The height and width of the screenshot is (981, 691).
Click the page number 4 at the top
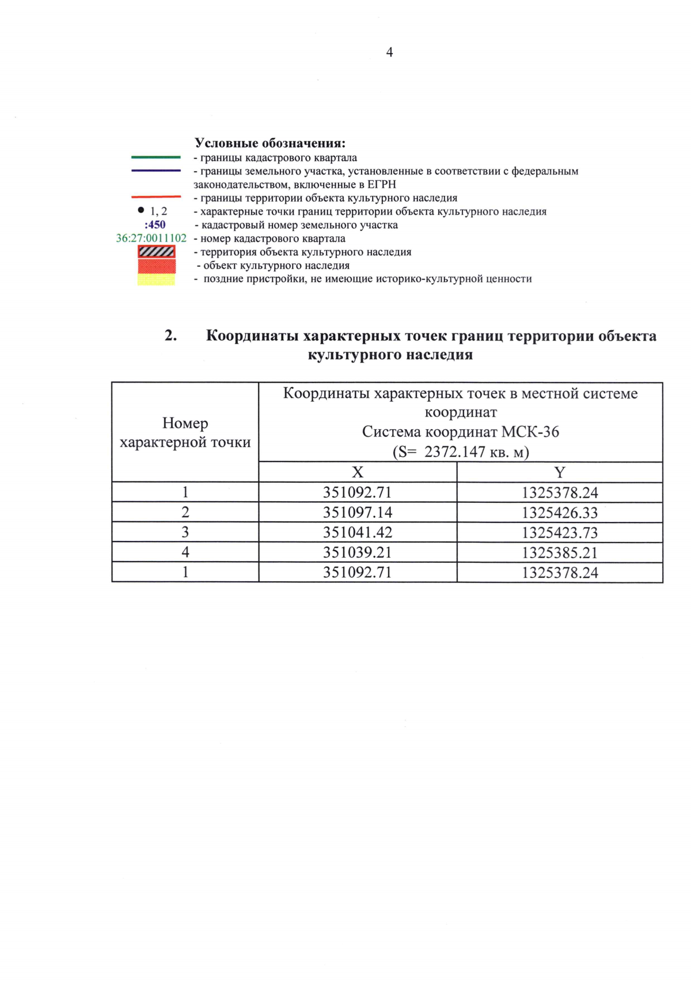point(389,52)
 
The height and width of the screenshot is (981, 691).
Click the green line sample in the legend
point(155,157)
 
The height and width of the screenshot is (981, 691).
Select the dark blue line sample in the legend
point(155,171)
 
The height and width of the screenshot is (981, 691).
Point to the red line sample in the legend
point(155,197)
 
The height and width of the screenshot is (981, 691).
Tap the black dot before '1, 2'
point(141,210)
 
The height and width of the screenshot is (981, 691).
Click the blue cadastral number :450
point(155,225)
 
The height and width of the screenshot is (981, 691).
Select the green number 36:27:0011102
point(151,238)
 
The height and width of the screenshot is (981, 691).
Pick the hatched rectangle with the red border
point(156,252)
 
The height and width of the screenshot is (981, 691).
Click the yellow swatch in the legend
point(156,280)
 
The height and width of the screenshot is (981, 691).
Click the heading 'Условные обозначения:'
point(269,143)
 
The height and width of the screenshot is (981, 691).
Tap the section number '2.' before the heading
point(170,335)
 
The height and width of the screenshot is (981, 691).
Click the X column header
point(358,472)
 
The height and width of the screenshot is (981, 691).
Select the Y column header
point(559,472)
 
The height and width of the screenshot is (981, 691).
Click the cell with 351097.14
point(357,512)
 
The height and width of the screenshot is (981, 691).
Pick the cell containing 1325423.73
point(560,532)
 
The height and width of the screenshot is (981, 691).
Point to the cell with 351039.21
point(357,552)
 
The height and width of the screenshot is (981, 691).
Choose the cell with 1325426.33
point(560,512)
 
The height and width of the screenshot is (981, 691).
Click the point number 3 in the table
point(185,532)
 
